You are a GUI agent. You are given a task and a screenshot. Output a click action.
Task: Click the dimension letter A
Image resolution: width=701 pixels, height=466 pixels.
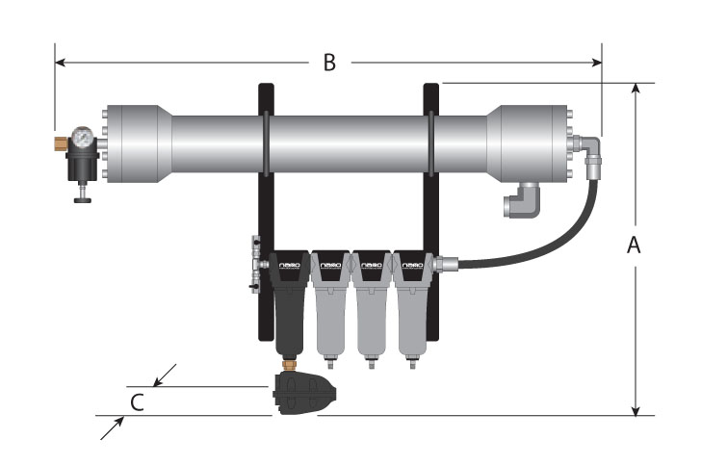pyautogui.click(x=634, y=246)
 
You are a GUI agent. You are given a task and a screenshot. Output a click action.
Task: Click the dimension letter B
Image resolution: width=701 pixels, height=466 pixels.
pyautogui.click(x=328, y=64)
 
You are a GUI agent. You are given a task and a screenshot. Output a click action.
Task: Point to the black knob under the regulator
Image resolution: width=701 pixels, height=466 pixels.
pyautogui.click(x=82, y=199)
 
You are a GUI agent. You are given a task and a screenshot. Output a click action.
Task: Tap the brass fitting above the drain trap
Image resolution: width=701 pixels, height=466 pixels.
pyautogui.click(x=289, y=364)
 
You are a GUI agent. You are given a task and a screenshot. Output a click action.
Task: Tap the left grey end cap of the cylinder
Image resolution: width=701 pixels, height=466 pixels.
pyautogui.click(x=139, y=142)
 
